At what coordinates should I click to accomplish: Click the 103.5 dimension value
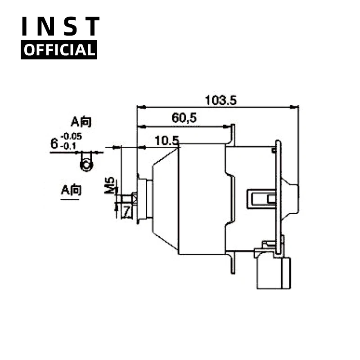[x=220, y=100]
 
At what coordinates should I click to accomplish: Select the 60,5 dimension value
[x=184, y=118]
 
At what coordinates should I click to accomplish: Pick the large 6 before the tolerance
[x=54, y=144]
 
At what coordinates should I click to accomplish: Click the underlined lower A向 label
[x=71, y=190]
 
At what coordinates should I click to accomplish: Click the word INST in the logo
[x=60, y=27]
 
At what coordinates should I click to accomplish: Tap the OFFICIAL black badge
[x=59, y=50]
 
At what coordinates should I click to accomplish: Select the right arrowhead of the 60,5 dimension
[x=227, y=126]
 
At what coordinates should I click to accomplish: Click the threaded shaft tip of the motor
[x=127, y=198]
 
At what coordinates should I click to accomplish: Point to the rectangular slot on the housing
[x=261, y=199]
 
